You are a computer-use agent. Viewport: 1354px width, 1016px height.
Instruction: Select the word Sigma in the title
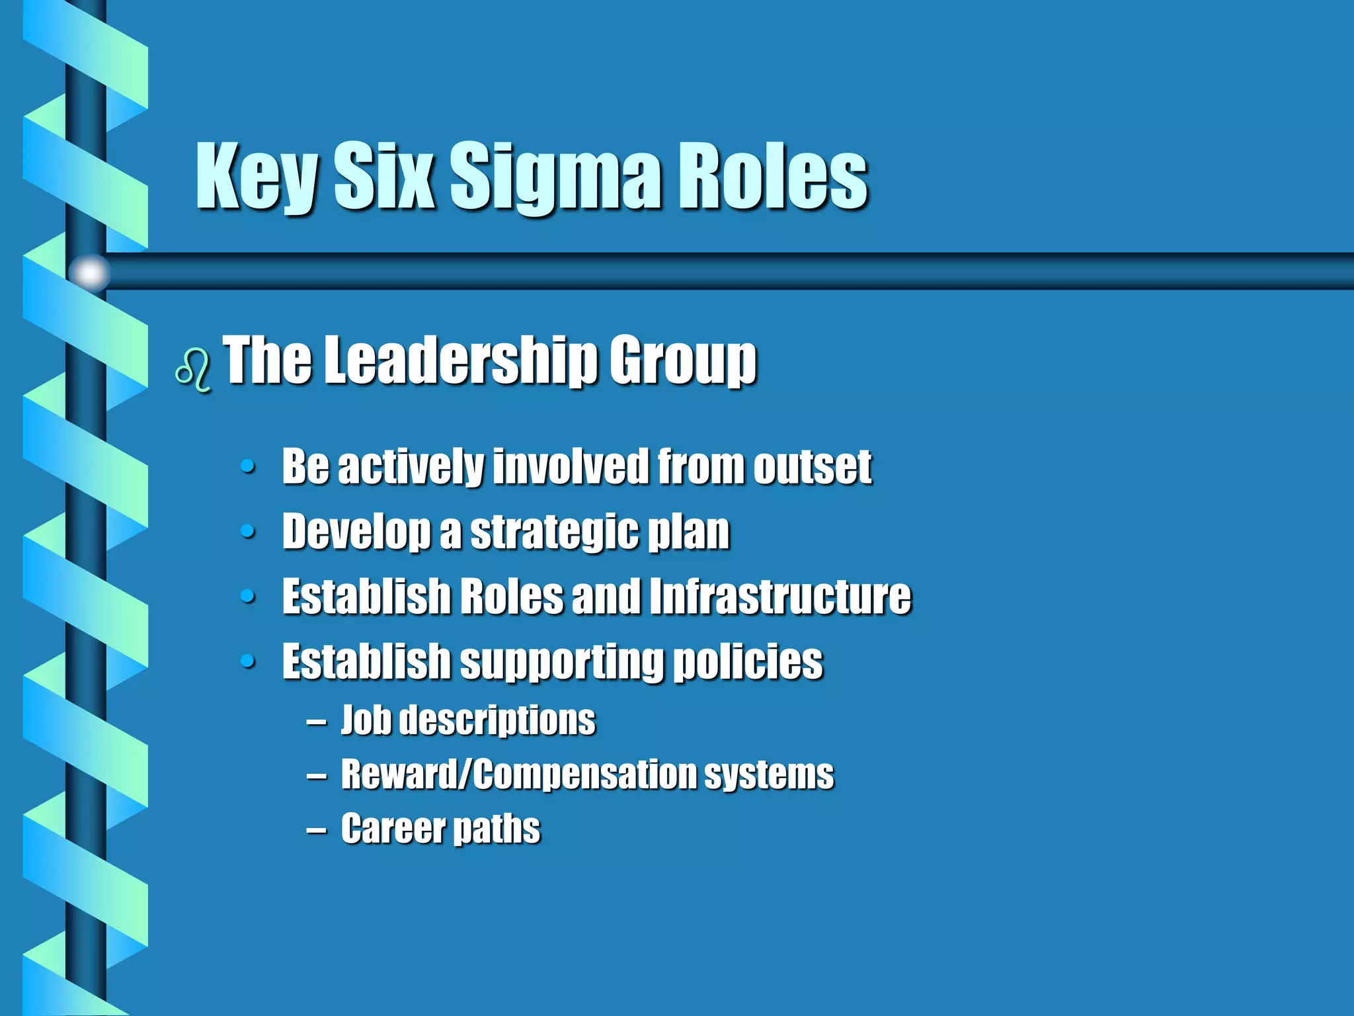coord(555,177)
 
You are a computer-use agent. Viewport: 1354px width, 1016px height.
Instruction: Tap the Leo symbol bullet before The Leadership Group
coord(193,370)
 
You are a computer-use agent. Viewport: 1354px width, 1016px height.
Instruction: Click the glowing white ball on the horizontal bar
coord(90,272)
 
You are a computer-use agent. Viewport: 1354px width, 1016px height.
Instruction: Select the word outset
coord(813,466)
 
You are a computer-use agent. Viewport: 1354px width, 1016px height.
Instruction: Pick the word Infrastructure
coord(780,596)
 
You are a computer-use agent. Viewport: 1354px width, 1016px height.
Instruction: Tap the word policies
coord(748,662)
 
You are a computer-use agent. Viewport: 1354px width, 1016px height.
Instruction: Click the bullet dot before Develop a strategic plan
coord(248,531)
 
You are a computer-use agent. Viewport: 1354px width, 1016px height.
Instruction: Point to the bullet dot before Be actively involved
coord(248,467)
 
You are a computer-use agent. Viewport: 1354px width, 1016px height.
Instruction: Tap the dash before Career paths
coord(316,829)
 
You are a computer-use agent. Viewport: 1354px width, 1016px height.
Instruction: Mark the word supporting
coord(561,662)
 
